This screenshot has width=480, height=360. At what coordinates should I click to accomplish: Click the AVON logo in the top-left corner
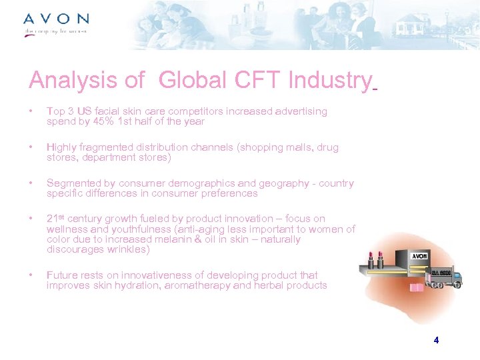pyautogui.click(x=56, y=19)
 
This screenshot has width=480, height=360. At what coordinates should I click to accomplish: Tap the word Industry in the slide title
pyautogui.click(x=329, y=81)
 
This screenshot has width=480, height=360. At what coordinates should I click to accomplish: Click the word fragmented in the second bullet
pyautogui.click(x=99, y=147)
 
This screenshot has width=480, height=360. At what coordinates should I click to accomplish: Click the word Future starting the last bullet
pyautogui.click(x=61, y=275)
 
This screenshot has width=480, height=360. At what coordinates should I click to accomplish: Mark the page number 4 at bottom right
pyautogui.click(x=436, y=340)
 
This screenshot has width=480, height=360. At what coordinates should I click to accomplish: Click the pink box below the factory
pyautogui.click(x=417, y=288)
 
